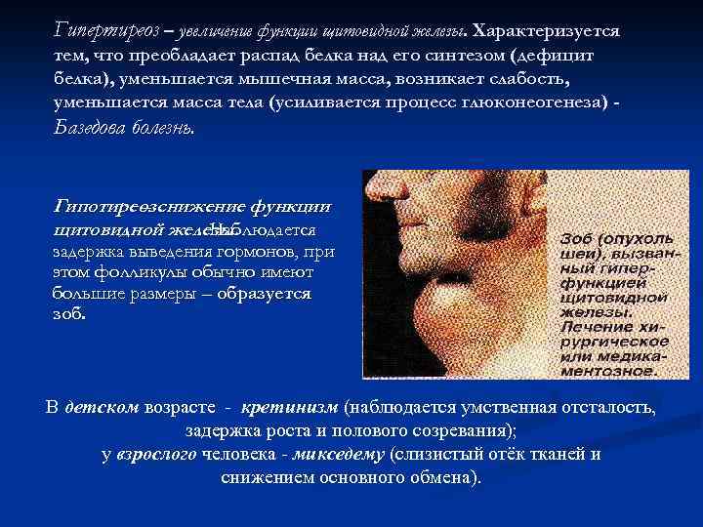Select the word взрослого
(157, 455)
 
